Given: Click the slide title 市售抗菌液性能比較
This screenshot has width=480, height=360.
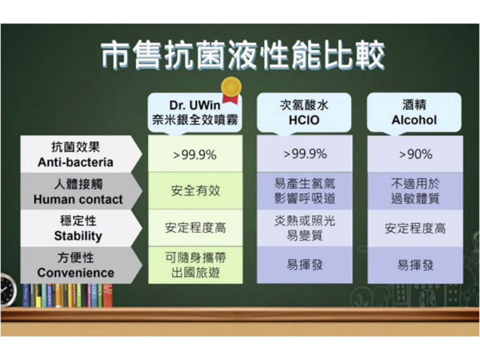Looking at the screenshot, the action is (242, 55).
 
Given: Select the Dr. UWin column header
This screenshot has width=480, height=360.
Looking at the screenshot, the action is (195, 113).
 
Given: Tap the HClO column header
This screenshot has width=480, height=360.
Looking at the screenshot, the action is (304, 113).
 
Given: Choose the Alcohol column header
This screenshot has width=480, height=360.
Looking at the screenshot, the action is (414, 113).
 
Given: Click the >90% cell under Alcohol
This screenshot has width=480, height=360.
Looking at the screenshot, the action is (415, 154).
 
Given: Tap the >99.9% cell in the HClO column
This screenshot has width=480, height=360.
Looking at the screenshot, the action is (304, 154).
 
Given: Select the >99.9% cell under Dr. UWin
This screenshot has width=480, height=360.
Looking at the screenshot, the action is (195, 154).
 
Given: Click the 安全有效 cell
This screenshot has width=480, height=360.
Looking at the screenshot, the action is (195, 191).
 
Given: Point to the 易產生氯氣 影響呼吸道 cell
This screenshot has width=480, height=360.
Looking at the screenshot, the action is (304, 191).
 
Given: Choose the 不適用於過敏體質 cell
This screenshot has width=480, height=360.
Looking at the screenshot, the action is (415, 191).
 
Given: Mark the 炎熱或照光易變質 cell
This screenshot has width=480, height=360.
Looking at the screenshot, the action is (304, 228).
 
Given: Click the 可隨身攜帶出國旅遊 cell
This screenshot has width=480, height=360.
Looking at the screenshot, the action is (195, 265).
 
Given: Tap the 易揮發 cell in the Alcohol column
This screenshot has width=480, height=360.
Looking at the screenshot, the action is (415, 265).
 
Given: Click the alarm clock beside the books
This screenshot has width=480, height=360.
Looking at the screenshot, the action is (8, 289).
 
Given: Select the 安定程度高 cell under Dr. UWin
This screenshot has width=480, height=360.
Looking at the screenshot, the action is (195, 228).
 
